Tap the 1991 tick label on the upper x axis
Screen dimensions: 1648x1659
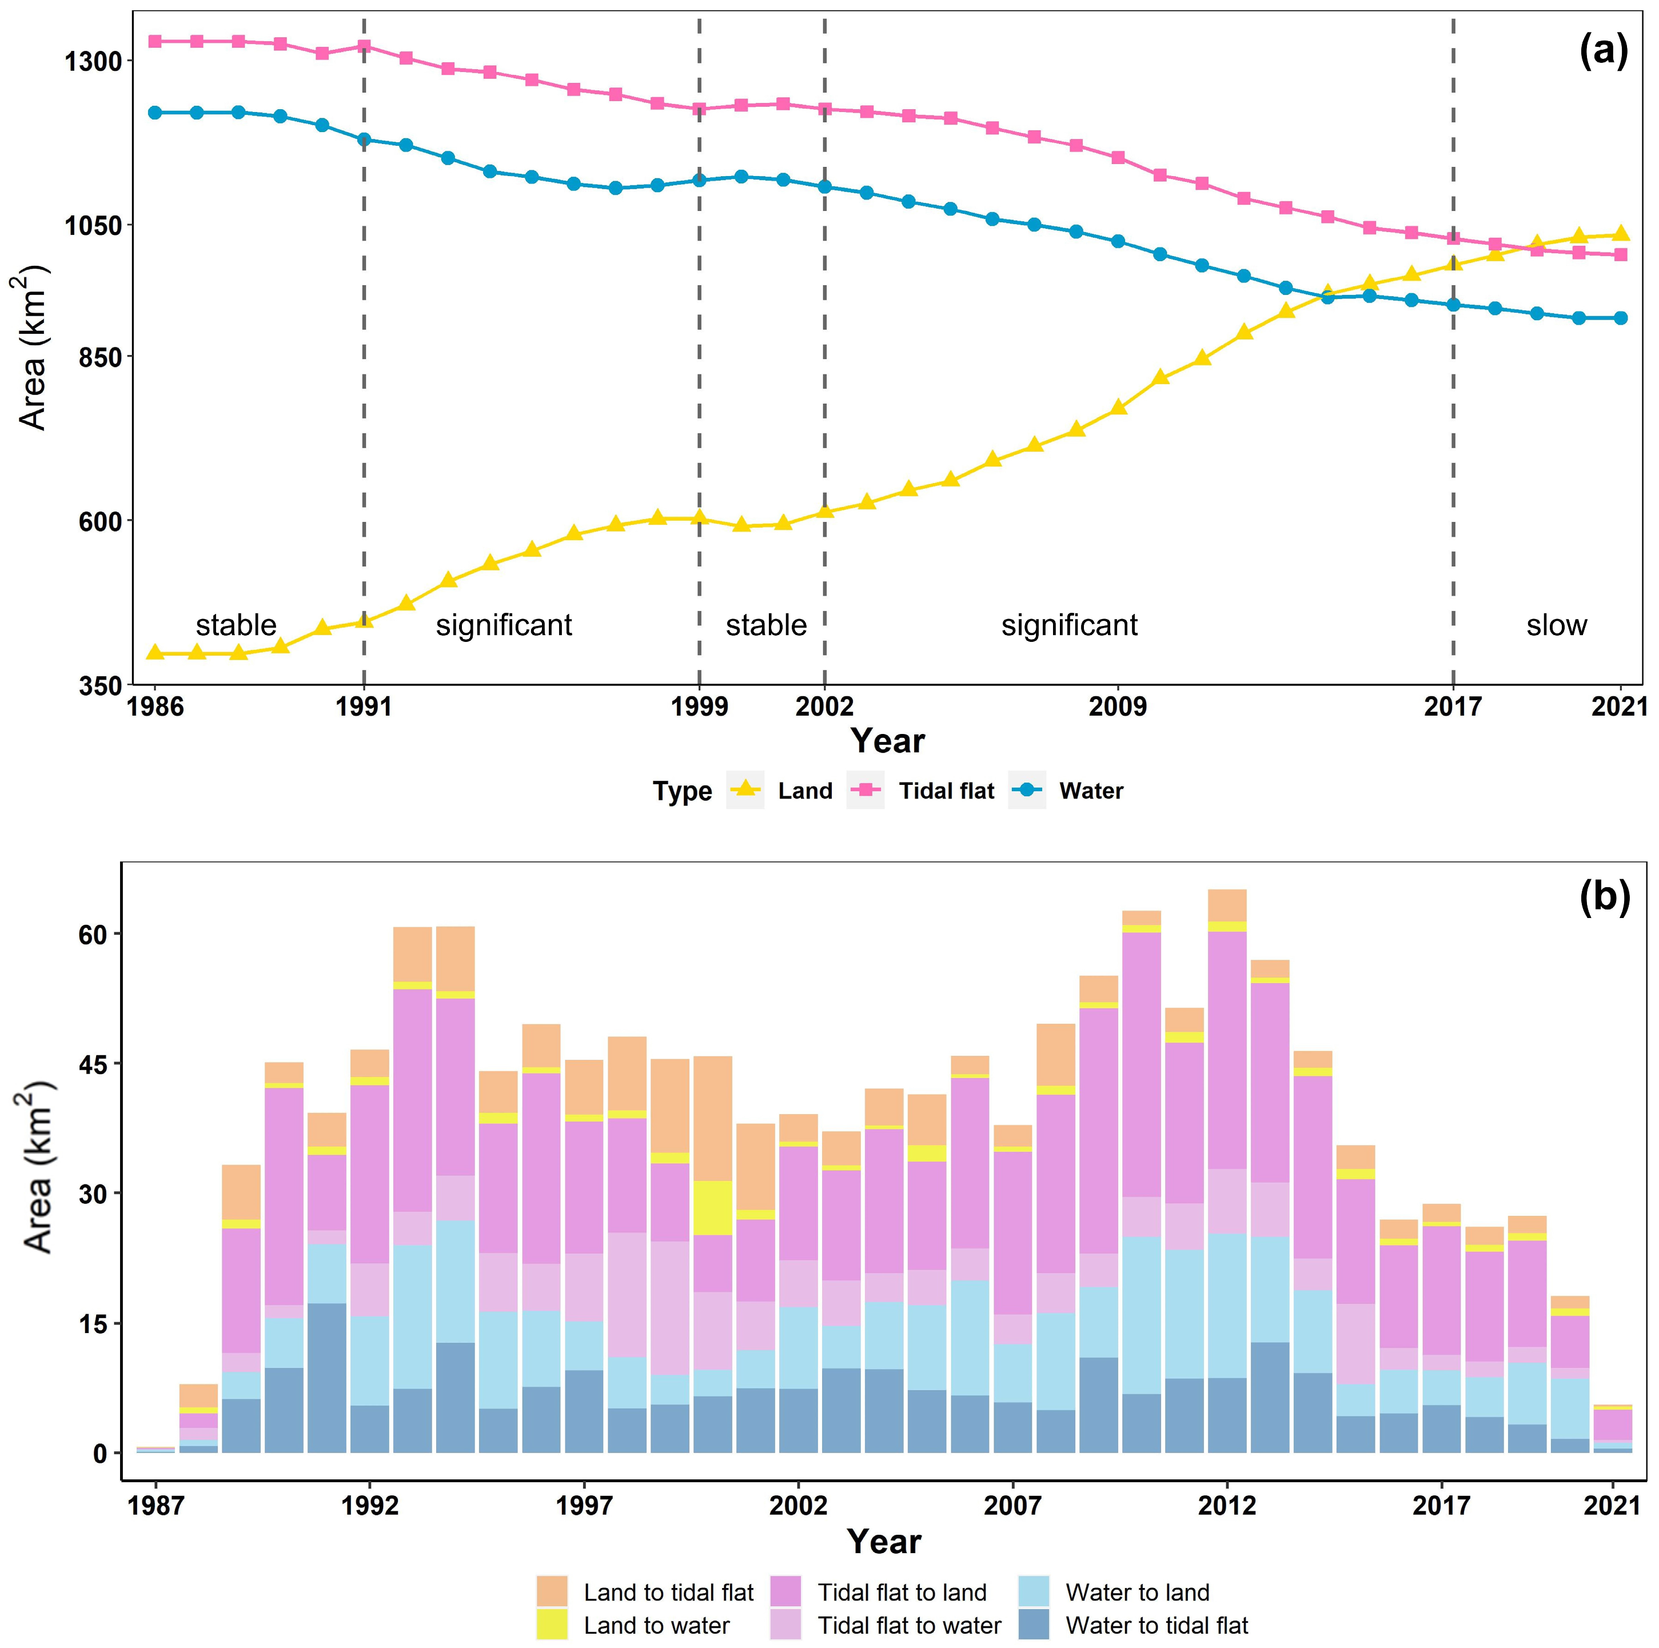click(364, 706)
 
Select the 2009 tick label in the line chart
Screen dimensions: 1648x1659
click(1117, 706)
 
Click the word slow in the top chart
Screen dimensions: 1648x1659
click(1556, 625)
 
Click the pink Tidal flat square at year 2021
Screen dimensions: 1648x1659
click(1620, 254)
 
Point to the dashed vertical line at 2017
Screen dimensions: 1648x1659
click(1453, 429)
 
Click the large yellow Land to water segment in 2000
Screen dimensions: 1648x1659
click(713, 1207)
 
